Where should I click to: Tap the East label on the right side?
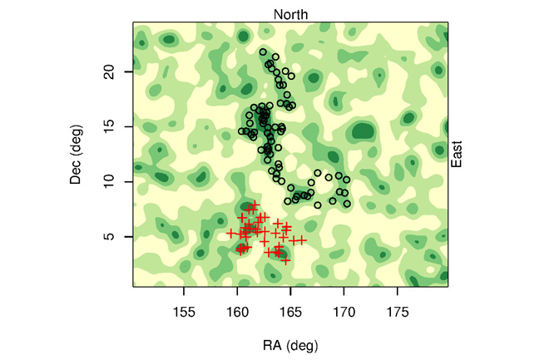click(456, 155)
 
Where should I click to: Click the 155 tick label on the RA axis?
click(184, 312)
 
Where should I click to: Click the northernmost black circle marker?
click(263, 52)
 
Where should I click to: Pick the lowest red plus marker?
click(285, 260)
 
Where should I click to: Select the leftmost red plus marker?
click(231, 234)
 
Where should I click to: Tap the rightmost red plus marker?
click(303, 240)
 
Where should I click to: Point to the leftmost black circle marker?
click(242, 131)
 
